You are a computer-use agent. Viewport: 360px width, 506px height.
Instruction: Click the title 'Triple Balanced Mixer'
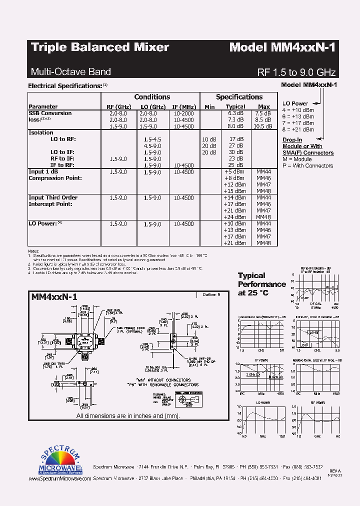coord(100,47)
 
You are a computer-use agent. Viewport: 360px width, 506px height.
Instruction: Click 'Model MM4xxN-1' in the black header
coord(282,47)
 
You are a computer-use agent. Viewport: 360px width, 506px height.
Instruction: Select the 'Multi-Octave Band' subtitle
coord(71,71)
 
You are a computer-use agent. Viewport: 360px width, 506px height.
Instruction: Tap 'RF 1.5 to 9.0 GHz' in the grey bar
coord(296,71)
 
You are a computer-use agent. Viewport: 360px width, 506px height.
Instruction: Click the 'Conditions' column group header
coord(152,97)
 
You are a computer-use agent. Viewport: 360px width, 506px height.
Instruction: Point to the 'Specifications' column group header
coord(239,97)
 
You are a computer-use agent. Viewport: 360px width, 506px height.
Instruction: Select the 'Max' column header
coord(264,106)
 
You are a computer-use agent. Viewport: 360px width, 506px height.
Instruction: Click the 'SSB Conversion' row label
coord(50,113)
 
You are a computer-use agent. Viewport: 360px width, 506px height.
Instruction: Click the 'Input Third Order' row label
coord(53,197)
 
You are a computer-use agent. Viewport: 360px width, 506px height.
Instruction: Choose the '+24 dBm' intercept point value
coord(235,217)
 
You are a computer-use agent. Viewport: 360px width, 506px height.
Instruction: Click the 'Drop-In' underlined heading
coord(292,140)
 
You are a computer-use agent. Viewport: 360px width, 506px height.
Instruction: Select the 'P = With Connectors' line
coord(307,165)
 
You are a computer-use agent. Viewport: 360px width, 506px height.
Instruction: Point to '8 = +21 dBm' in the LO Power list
coord(298,129)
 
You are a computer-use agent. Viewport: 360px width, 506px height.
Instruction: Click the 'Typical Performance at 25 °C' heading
coord(261,284)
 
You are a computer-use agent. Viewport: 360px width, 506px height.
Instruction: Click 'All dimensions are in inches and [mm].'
coord(127,415)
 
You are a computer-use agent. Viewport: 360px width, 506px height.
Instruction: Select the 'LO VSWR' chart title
coord(263,402)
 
